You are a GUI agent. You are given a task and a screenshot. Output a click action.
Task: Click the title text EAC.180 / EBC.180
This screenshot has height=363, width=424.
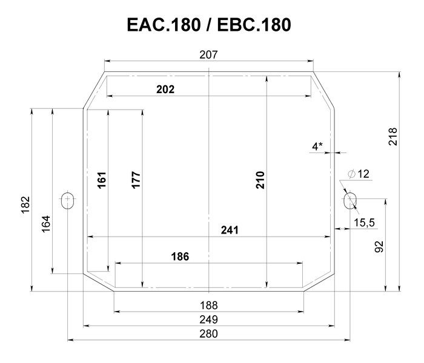(x=209, y=25)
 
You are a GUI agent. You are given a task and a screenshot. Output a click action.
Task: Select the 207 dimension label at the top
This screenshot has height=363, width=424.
(x=208, y=55)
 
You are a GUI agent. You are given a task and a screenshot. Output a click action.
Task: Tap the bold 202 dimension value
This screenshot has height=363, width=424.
(x=165, y=90)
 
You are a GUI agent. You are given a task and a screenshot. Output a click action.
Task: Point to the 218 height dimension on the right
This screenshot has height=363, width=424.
(x=393, y=137)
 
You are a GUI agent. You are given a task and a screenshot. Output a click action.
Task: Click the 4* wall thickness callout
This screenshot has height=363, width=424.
(x=317, y=146)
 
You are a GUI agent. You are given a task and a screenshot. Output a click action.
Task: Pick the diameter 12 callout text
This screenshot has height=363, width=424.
(x=359, y=174)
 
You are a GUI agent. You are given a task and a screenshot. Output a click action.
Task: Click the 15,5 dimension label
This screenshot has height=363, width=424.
(x=364, y=223)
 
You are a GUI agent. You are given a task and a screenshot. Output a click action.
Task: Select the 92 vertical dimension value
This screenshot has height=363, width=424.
(x=379, y=247)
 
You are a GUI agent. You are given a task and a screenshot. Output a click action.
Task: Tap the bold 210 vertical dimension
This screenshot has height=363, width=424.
(x=260, y=180)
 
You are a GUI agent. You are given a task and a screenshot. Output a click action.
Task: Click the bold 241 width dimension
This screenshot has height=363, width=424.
(x=230, y=230)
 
